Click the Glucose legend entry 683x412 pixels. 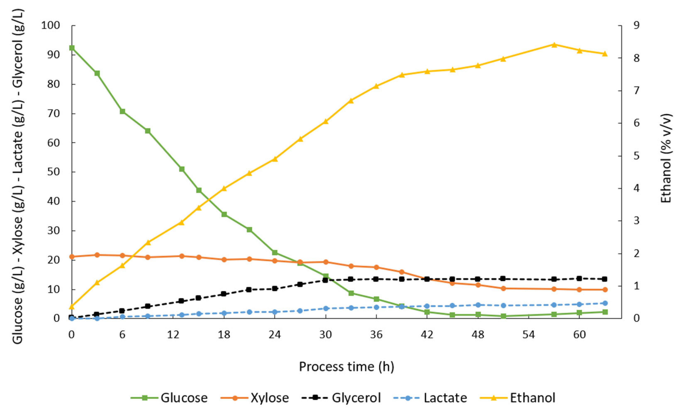[170, 398]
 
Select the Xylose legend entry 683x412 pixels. [255, 398]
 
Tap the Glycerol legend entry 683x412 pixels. [341, 398]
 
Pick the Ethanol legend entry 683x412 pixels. [518, 398]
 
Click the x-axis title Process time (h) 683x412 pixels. [346, 367]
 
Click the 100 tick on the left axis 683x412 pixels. [50, 26]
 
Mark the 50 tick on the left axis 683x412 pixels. [54, 172]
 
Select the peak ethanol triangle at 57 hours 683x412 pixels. [554, 45]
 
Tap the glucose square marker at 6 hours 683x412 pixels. [122, 111]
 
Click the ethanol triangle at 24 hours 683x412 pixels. [275, 159]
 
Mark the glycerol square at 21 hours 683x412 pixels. [249, 290]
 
